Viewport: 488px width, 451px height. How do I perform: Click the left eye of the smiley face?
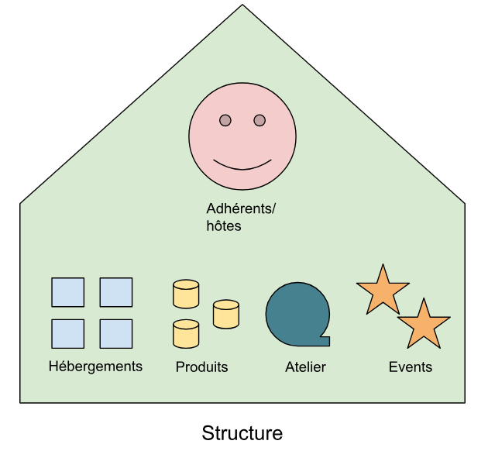coord(225,120)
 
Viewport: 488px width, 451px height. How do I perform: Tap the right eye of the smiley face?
coord(259,120)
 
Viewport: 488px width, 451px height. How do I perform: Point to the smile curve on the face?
coord(242,165)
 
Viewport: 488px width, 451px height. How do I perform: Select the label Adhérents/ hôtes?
coord(241,217)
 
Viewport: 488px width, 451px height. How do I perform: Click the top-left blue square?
coord(68,292)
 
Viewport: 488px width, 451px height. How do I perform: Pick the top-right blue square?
coord(116,292)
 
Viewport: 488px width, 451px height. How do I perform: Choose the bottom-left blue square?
coord(68,333)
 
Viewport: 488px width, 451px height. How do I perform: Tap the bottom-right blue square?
coord(116,333)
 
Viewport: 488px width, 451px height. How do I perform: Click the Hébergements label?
coord(95,366)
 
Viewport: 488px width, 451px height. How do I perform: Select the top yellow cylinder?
coord(186,294)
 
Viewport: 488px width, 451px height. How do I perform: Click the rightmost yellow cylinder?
coord(225,313)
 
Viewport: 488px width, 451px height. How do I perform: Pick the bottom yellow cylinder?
coord(186,334)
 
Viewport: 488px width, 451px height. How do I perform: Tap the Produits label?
coord(202,367)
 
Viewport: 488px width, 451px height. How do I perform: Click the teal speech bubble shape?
coord(297,313)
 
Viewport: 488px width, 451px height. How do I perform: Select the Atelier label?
coord(305,367)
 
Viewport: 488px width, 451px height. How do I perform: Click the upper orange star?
coord(382,291)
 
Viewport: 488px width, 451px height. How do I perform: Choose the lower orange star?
coord(423,325)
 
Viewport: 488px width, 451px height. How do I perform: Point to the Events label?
coord(411,367)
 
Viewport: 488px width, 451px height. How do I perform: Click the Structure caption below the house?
coord(242,432)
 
